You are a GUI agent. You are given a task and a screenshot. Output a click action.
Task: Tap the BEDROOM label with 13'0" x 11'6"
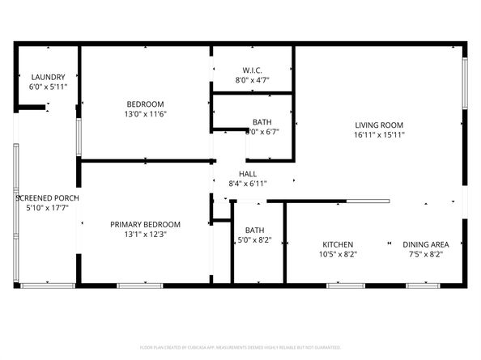click(x=146, y=104)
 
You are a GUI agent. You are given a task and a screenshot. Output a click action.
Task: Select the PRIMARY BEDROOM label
click(x=146, y=224)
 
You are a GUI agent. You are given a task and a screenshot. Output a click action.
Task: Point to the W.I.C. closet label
click(x=252, y=70)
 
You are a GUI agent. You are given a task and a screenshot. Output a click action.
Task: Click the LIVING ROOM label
click(x=379, y=125)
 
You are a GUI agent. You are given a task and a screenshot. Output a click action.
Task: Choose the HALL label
click(x=248, y=174)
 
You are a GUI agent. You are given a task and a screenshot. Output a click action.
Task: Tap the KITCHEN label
click(x=338, y=244)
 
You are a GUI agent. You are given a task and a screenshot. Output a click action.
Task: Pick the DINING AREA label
click(x=427, y=244)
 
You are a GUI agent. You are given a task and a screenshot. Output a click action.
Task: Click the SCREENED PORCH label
click(x=47, y=197)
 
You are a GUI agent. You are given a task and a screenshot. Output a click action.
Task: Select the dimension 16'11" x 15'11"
click(x=379, y=135)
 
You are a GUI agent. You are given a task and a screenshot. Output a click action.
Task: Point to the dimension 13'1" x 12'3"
click(x=146, y=235)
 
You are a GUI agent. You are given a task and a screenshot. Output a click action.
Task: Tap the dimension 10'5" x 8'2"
click(x=338, y=254)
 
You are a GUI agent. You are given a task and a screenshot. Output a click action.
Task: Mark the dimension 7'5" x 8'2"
click(x=427, y=254)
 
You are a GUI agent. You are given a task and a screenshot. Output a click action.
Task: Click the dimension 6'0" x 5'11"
click(x=48, y=87)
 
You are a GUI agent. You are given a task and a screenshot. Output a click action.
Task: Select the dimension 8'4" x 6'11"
click(x=248, y=184)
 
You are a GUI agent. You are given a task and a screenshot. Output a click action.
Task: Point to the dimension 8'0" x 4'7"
click(x=252, y=80)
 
